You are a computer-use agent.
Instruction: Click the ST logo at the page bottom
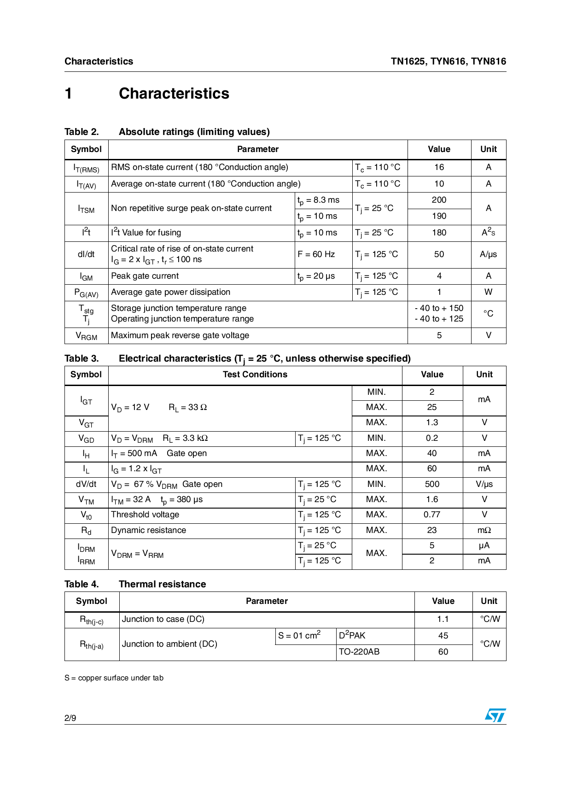[x=495, y=715]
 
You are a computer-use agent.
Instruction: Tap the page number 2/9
[x=70, y=718]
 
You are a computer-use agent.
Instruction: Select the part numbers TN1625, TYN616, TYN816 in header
[x=448, y=61]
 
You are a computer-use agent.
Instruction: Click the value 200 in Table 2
[x=439, y=200]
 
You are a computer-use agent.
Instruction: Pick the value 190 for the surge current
[x=439, y=216]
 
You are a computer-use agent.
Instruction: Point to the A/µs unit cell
[x=488, y=254]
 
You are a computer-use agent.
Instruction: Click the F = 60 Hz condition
[x=316, y=254]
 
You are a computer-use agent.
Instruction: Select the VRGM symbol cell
[x=87, y=336]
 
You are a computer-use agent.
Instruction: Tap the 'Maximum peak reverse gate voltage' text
[x=180, y=335]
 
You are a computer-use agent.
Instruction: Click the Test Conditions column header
[x=255, y=375]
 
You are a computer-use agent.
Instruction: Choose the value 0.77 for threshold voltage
[x=432, y=515]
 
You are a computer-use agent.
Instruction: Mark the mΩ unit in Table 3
[x=484, y=530]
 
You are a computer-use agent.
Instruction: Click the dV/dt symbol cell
[x=87, y=484]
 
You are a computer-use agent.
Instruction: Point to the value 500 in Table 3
[x=432, y=484]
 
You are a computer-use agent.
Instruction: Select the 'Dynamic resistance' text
[x=149, y=530]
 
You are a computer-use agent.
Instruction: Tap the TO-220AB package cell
[x=359, y=652]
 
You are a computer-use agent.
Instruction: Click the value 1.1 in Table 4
[x=443, y=619]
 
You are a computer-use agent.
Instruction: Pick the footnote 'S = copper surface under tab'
[x=114, y=678]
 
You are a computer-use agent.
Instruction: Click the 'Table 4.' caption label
[x=82, y=584]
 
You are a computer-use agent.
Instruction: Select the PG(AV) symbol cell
[x=87, y=293]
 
